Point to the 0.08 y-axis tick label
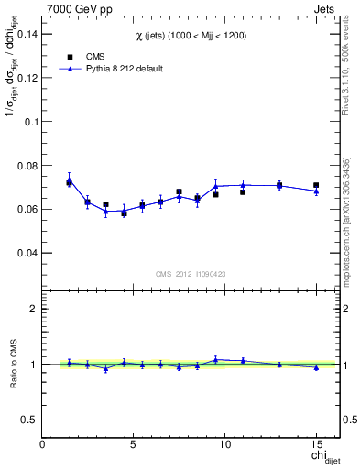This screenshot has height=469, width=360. [27, 165]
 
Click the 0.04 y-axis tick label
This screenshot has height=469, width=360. [27, 253]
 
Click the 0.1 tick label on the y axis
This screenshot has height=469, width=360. [32, 121]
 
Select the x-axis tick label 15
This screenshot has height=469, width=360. [316, 443]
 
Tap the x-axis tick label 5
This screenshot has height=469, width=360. [134, 443]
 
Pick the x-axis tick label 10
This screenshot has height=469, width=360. [224, 443]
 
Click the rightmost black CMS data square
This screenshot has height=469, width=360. [316, 185]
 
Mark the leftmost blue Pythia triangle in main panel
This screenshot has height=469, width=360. [69, 180]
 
